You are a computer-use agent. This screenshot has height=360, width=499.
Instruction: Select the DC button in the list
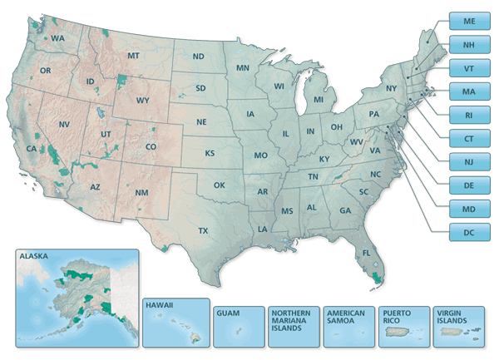tap(470, 231)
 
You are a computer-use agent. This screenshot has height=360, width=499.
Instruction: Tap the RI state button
tap(470, 115)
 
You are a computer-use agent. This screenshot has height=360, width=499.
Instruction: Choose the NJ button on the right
tap(470, 161)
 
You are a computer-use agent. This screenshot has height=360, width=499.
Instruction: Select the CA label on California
tap(32, 149)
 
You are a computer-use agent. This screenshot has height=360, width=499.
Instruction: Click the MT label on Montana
tap(132, 56)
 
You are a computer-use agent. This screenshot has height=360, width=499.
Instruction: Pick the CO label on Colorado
tap(151, 147)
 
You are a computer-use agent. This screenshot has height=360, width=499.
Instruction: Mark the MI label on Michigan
tap(319, 100)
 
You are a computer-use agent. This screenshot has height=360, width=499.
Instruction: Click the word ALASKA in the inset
tap(33, 257)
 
